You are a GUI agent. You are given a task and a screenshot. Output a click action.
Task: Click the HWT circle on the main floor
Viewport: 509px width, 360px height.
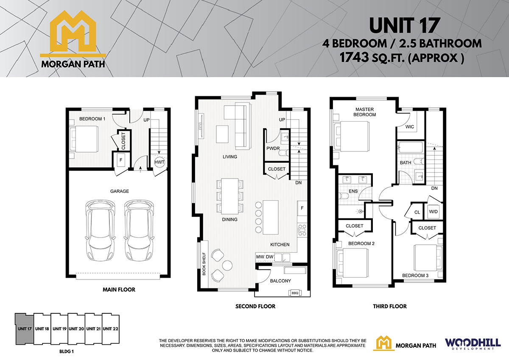159,162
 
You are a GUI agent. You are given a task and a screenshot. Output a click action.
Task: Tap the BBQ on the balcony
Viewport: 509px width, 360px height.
295,293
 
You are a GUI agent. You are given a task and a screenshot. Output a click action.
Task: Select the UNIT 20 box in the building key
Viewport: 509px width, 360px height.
76,329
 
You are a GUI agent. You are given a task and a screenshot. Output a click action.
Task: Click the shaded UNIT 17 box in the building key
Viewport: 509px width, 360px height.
25,329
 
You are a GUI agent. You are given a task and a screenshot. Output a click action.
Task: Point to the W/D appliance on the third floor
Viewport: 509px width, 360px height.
433,212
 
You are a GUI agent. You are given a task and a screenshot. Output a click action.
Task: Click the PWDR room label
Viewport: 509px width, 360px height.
273,148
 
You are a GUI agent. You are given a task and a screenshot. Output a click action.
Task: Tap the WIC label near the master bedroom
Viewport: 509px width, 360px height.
410,127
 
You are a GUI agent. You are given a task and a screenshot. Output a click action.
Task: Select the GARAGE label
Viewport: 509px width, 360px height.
120,191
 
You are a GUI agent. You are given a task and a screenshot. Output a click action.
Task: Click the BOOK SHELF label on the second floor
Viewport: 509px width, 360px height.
204,264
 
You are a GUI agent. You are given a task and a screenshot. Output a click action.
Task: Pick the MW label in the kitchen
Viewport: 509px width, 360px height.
260,257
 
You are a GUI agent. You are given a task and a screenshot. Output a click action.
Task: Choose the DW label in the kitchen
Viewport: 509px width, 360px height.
269,257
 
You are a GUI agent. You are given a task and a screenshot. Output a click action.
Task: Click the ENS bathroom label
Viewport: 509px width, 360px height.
353,191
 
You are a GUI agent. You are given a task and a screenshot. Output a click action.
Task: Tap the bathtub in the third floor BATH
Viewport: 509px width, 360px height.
410,148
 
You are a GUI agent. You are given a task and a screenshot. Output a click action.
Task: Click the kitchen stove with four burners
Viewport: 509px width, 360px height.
302,230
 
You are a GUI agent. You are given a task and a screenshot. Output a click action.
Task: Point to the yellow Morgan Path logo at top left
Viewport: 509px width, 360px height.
73,39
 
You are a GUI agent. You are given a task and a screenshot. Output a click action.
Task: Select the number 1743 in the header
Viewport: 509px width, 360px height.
354,58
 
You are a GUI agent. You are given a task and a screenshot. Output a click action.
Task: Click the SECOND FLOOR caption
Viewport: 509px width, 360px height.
255,307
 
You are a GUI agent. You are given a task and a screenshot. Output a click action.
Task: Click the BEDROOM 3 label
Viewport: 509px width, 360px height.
415,276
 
